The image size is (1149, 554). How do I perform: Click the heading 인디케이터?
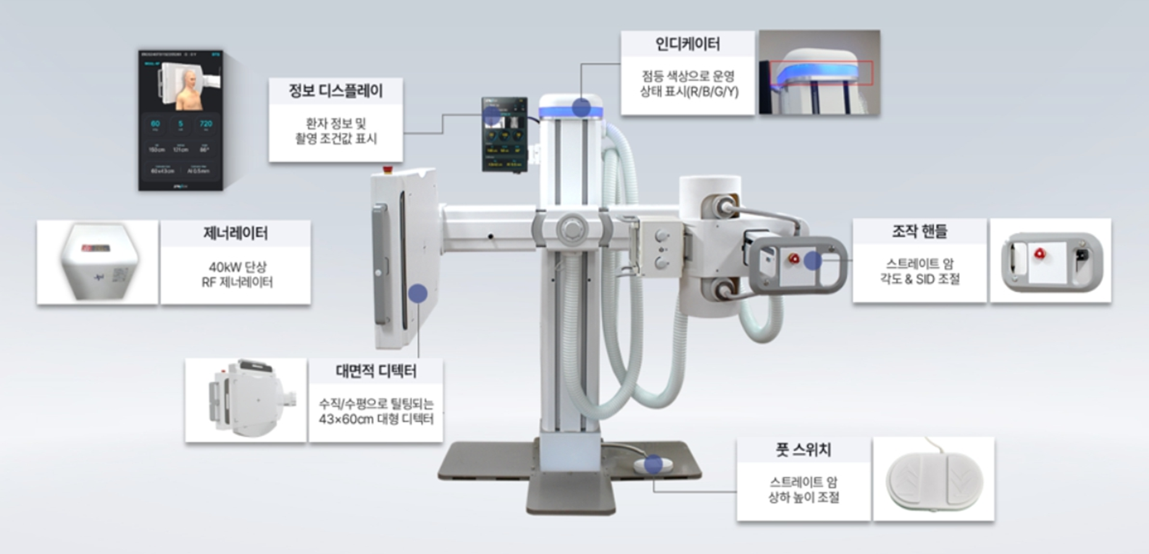pos(687,44)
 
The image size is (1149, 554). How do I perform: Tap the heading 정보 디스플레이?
pos(336,91)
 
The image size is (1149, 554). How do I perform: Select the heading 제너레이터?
pos(235,233)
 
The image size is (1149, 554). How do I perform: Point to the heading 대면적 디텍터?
pos(376,371)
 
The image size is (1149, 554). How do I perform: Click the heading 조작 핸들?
pos(919,232)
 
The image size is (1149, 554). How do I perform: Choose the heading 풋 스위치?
pos(803,450)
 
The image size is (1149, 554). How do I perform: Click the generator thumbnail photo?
pos(98,262)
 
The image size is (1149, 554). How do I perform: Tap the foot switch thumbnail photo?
pos(934,479)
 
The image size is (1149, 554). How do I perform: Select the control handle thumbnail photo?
pos(1051,261)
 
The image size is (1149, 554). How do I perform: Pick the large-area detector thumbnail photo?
pos(246,400)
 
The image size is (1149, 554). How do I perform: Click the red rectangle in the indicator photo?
pos(821,73)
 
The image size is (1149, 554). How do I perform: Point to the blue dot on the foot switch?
pos(653,464)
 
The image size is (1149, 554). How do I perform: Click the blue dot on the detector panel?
pos(418,293)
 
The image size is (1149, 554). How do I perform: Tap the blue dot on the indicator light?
pos(580,108)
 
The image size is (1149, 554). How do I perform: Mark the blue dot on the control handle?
pos(813,261)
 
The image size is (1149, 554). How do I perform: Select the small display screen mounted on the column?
pos(504,134)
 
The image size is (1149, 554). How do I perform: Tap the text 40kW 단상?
pos(237,267)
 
